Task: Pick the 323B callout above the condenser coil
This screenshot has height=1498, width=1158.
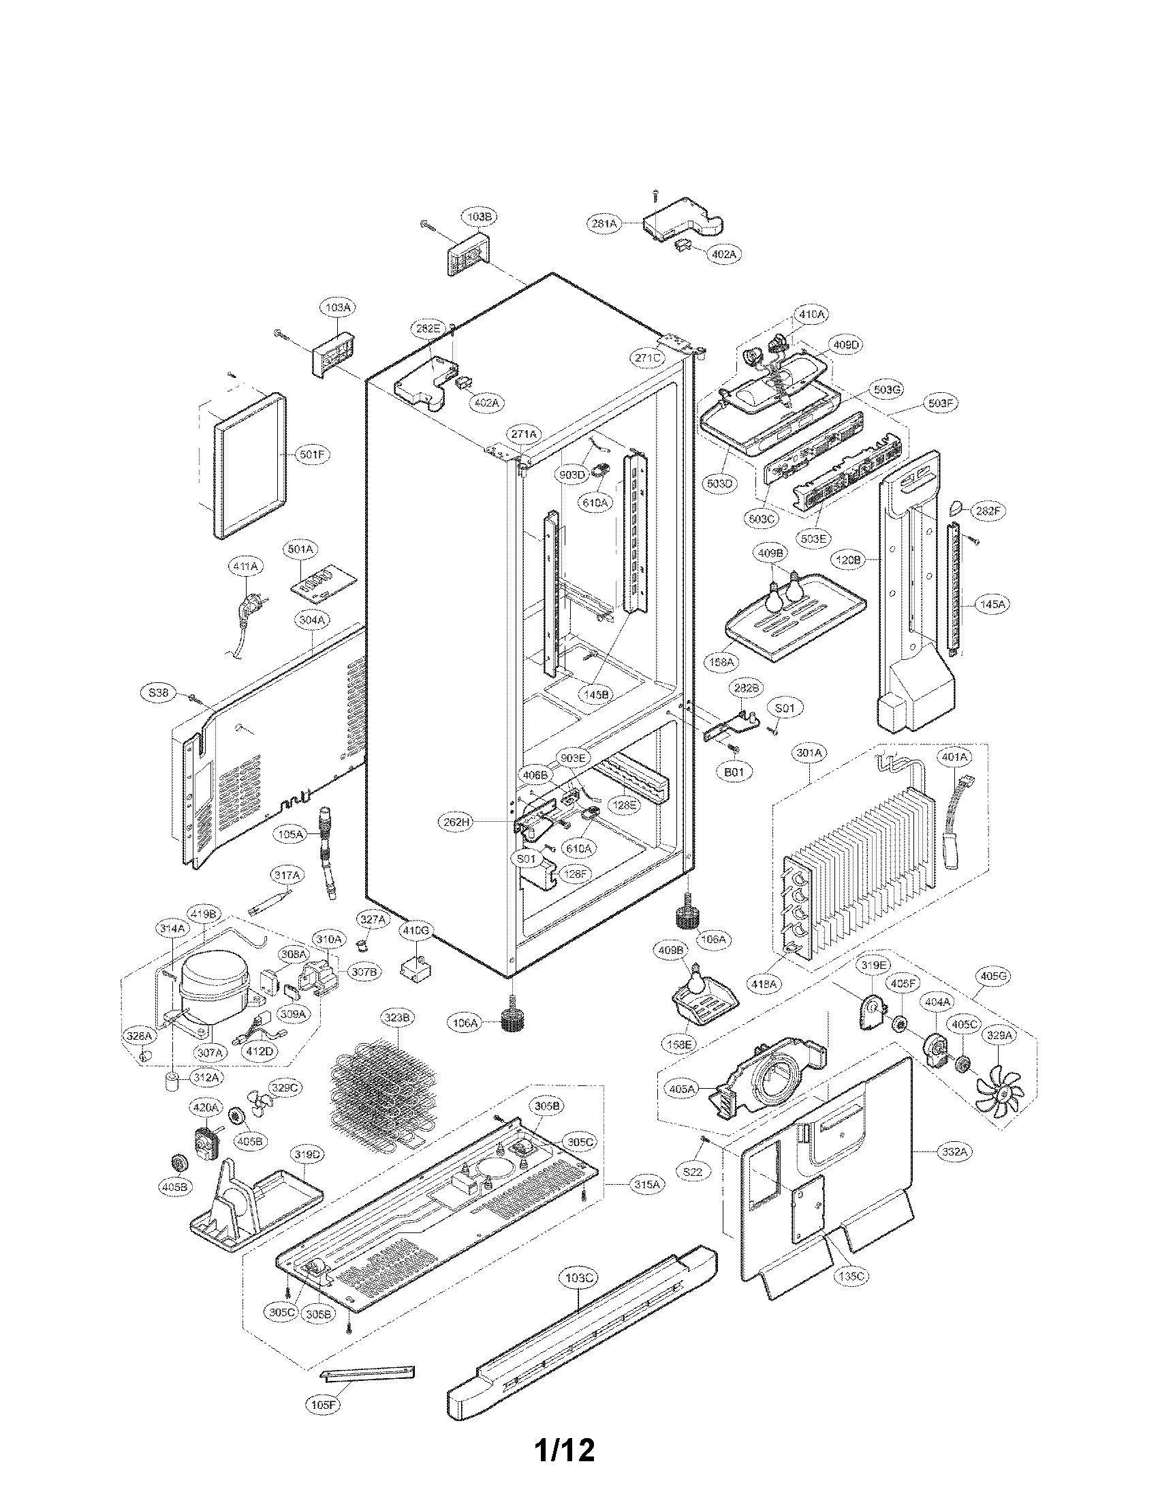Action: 397,1018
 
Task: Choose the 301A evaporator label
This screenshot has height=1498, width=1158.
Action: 809,752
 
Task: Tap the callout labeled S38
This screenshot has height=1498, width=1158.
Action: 159,692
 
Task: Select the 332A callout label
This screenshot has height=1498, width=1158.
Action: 954,1152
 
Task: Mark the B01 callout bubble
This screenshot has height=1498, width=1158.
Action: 734,771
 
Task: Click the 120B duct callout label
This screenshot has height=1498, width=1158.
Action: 848,560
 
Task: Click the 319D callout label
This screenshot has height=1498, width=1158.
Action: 306,1154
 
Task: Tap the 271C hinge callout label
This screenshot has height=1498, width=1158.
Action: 647,357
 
